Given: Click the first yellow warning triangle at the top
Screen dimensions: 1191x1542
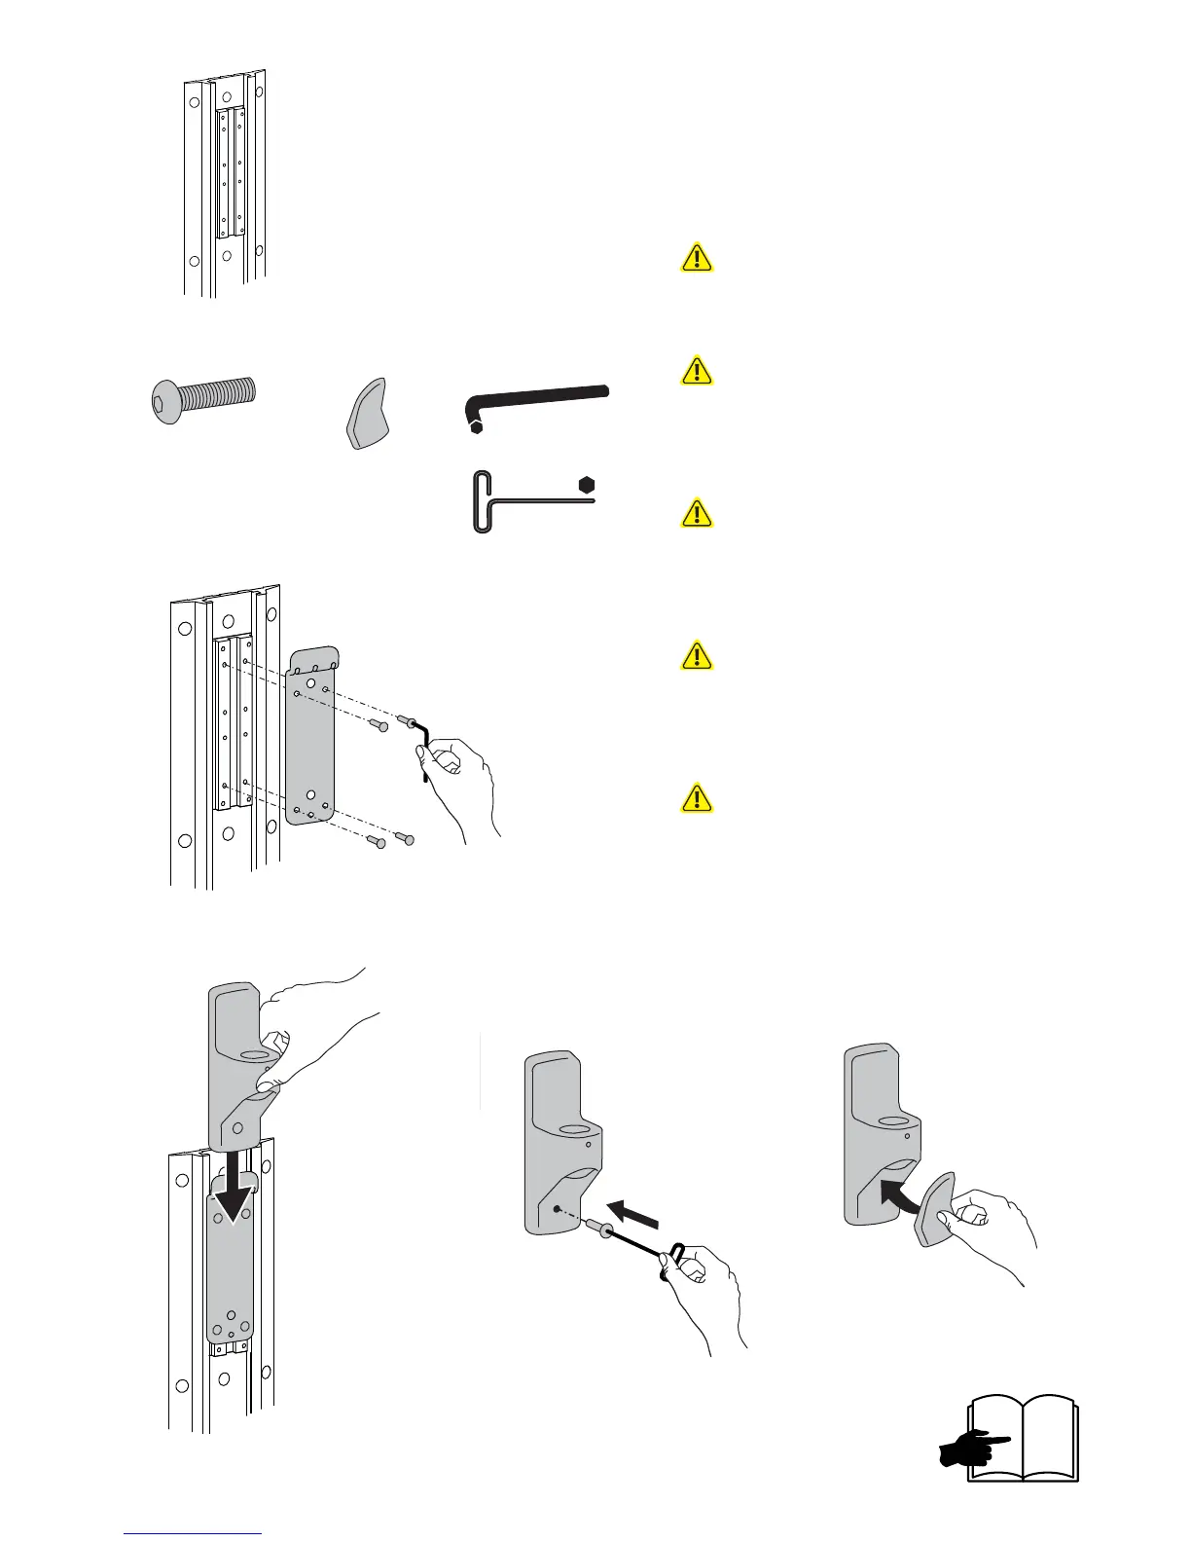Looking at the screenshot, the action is [697, 258].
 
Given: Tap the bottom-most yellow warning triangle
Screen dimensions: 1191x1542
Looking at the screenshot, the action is [697, 798].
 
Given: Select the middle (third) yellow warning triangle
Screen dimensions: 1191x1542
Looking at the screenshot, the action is [697, 513].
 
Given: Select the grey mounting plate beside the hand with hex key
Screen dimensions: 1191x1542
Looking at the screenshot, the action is [311, 735].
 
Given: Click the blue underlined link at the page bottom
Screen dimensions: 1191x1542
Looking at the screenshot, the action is [194, 1533].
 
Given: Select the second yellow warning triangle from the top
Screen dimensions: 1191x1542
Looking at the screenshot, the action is [697, 371].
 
